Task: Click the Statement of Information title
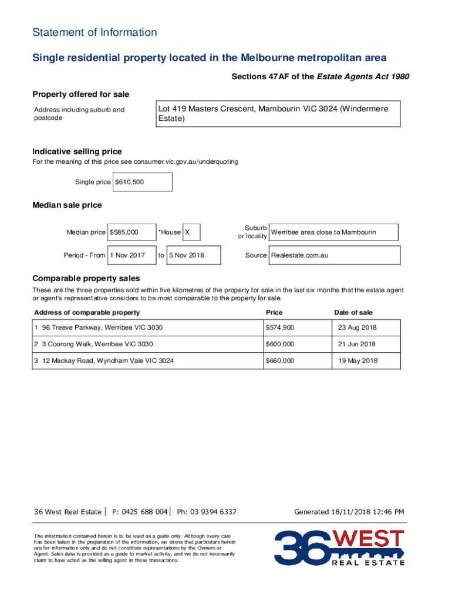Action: click(x=95, y=32)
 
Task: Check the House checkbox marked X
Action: click(x=191, y=232)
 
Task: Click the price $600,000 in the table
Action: click(x=280, y=344)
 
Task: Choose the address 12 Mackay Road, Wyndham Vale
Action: click(x=107, y=360)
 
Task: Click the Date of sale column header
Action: click(x=353, y=312)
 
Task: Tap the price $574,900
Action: click(x=280, y=327)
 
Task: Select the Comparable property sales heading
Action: click(x=86, y=278)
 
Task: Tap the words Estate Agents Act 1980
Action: click(x=363, y=77)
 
